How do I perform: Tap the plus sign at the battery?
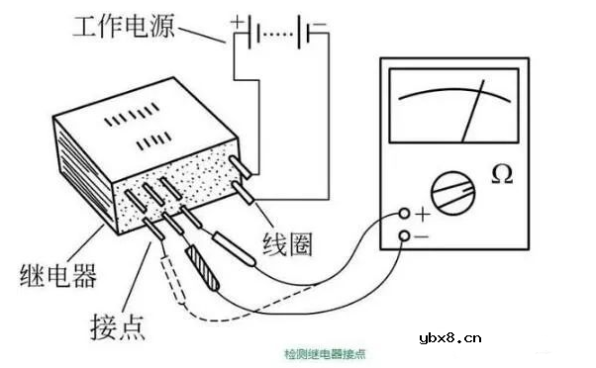pos(238,19)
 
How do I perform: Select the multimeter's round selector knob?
pos(450,191)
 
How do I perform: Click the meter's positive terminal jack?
pos(404,214)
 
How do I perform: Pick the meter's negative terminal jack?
pos(404,235)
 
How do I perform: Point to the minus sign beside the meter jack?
pos(423,236)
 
